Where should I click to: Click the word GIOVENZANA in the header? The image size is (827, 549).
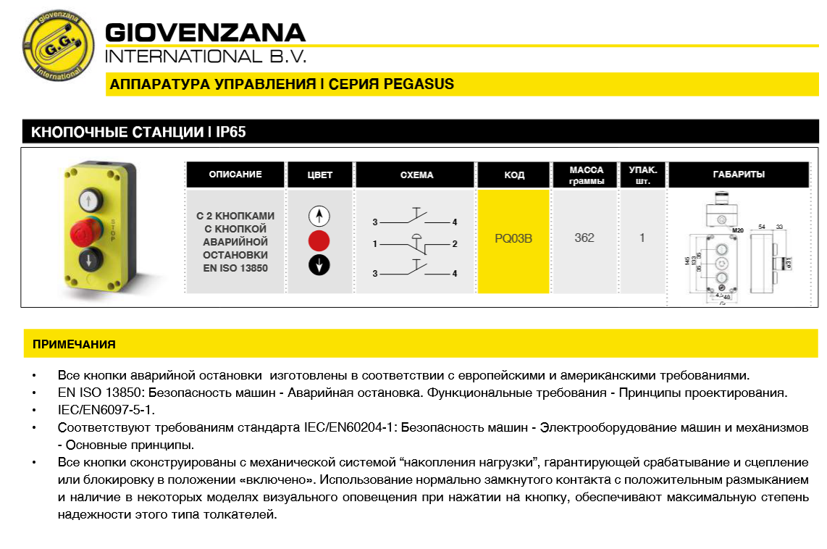(x=206, y=33)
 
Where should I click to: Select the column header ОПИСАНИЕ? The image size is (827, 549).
(x=235, y=175)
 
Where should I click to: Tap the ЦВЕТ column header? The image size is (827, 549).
(x=319, y=175)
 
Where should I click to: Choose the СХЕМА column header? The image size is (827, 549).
(x=416, y=175)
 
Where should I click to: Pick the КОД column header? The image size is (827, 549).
(x=513, y=175)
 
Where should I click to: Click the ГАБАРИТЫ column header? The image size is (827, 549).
(x=738, y=175)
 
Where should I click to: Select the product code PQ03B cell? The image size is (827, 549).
(x=513, y=238)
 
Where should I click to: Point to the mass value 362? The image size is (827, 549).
(x=584, y=238)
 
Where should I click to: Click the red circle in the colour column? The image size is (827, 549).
(x=319, y=240)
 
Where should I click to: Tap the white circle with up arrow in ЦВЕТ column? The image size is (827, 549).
(x=319, y=216)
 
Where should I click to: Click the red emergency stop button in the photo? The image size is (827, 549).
(x=84, y=232)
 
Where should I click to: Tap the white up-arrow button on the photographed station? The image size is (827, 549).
(x=85, y=198)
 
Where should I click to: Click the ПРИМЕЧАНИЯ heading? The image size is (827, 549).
(x=74, y=344)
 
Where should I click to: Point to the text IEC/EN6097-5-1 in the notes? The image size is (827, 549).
(x=106, y=409)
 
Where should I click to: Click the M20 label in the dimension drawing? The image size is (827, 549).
(x=738, y=230)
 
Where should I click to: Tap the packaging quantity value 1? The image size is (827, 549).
(x=642, y=238)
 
